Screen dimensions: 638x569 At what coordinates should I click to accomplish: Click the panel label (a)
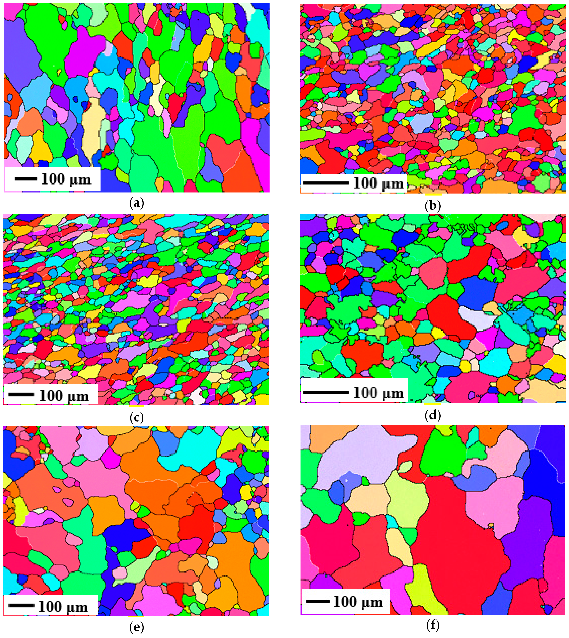coord(137,203)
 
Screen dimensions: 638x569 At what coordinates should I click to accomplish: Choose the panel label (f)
coord(433,625)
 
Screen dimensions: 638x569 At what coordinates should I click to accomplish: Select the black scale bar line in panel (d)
coord(326,392)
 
